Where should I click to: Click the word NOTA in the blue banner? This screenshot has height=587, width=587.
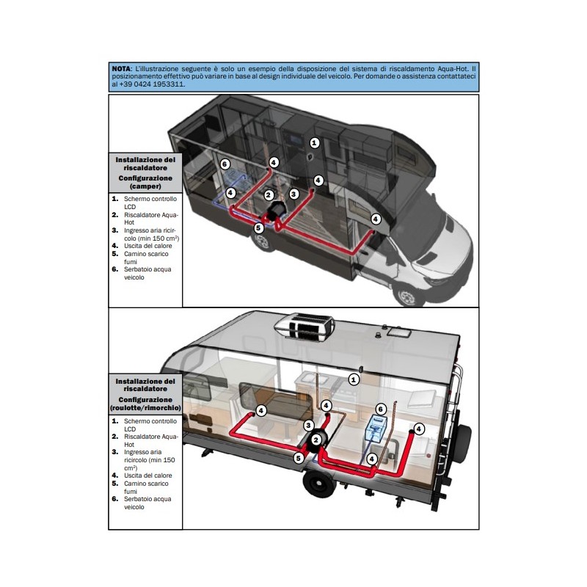[x=122, y=68]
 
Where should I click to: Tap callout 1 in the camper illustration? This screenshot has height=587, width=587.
[x=314, y=142]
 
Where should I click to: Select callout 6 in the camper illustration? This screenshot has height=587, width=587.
[x=225, y=164]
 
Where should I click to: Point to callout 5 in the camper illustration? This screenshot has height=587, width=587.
[x=258, y=228]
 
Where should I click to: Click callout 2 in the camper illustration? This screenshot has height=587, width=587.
[x=269, y=195]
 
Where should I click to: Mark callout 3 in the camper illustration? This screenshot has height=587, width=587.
[x=293, y=194]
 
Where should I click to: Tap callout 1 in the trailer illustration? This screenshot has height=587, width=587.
[x=354, y=379]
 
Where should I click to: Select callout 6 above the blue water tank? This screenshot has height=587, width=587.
[x=381, y=409]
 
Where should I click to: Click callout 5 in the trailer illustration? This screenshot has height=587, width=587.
[x=299, y=458]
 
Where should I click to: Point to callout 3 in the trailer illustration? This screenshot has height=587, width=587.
[x=310, y=426]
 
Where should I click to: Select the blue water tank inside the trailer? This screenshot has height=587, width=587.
[x=378, y=429]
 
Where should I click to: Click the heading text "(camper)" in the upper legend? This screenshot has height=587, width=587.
[x=145, y=186]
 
